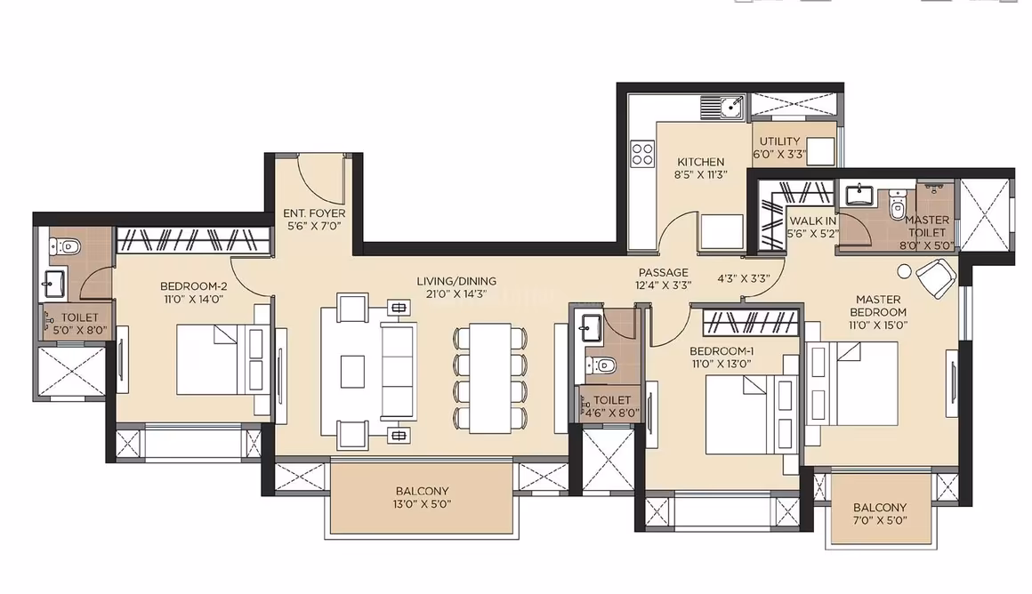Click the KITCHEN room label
(701, 162)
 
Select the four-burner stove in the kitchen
(641, 155)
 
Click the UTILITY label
(779, 140)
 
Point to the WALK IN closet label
(811, 221)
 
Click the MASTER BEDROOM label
(878, 306)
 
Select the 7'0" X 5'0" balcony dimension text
(879, 523)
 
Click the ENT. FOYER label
(314, 213)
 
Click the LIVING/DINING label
(456, 281)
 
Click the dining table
(487, 376)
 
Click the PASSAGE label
(663, 273)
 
